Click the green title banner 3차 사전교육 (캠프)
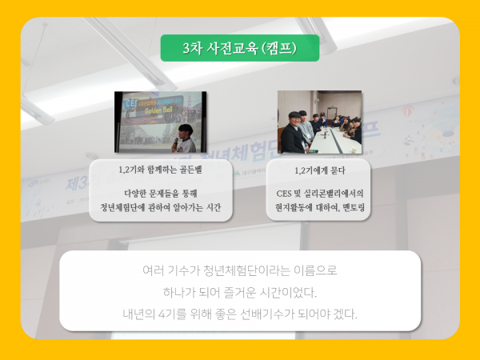click(240, 48)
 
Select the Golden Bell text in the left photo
click(158, 110)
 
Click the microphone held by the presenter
click(175, 142)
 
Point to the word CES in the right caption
click(283, 194)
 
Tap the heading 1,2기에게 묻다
click(319, 170)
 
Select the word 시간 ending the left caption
click(213, 208)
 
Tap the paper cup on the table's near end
click(354, 150)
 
